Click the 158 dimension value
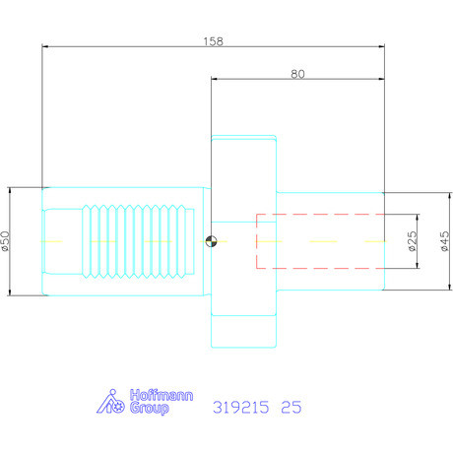point(212,41)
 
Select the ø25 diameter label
point(412,240)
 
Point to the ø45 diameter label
point(444,240)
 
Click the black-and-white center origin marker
point(210,241)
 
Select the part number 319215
point(242,406)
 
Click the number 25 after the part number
point(291,406)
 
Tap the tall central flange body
point(244,241)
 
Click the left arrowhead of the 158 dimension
point(46,46)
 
